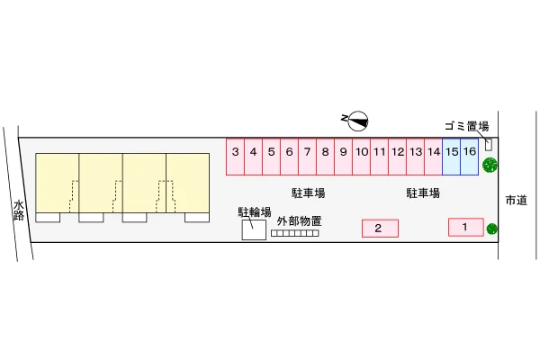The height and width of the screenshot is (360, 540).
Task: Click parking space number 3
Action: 235,157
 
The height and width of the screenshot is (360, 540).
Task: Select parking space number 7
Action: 307,157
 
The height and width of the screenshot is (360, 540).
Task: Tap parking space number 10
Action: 361,157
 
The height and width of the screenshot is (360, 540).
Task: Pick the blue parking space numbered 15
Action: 452,157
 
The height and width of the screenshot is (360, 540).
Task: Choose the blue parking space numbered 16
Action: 470,157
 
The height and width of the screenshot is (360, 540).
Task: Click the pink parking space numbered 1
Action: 466,228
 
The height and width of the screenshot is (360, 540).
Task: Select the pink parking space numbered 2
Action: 380,229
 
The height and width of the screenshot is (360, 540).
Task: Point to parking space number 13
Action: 415,157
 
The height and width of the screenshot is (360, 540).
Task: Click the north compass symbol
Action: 355,121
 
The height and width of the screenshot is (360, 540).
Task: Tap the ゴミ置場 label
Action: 466,126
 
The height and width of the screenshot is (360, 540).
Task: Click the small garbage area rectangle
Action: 489,144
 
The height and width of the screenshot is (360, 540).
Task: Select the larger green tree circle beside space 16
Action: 490,165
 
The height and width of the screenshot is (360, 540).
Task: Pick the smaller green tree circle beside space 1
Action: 491,229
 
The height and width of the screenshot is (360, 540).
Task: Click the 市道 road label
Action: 517,200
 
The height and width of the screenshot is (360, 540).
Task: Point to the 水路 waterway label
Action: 19,210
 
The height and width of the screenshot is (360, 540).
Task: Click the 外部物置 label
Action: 299,220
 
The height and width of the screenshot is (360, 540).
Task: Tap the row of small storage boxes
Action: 295,233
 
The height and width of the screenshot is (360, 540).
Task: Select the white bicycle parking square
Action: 254,229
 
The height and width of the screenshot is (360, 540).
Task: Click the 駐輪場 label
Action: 255,212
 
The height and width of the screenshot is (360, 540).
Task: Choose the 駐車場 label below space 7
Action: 308,193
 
